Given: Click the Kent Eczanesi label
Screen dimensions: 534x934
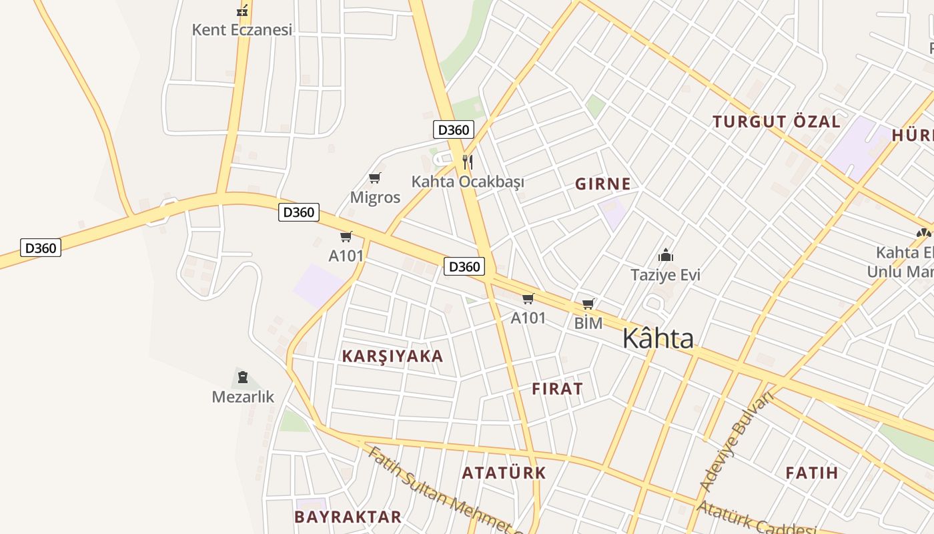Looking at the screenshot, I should tap(242, 30).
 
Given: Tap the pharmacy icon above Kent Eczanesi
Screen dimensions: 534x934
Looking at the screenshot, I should tap(242, 11).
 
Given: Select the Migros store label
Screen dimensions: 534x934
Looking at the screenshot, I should tap(375, 198).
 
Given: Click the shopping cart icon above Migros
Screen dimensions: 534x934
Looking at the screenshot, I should tap(374, 178).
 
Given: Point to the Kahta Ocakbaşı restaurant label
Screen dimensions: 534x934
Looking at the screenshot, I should tap(467, 182).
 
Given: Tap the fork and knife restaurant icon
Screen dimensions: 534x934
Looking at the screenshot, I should tap(468, 162).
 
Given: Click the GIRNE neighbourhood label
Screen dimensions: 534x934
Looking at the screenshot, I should tap(602, 184).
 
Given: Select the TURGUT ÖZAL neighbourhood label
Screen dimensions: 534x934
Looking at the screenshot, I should tap(776, 122).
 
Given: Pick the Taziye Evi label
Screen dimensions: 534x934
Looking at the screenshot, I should tap(665, 275).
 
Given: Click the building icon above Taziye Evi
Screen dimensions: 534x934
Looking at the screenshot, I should tap(665, 256).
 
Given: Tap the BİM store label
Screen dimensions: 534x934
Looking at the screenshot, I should tap(588, 324).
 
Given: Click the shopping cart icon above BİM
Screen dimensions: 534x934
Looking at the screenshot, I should tap(588, 304).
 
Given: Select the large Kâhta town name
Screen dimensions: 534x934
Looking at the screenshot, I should tap(658, 339).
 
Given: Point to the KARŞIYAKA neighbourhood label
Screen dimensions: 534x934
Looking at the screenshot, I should tap(392, 356).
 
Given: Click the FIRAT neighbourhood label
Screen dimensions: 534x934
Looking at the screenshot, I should tap(557, 389).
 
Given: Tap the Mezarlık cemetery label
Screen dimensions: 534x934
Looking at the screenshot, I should tap(243, 397).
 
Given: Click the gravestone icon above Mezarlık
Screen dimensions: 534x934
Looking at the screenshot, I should tap(242, 377).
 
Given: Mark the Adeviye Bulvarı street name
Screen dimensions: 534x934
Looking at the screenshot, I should tap(736, 442).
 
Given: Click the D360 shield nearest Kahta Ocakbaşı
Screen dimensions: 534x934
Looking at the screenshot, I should tap(454, 129).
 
